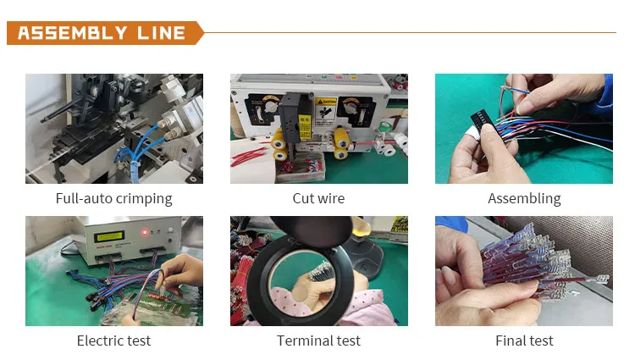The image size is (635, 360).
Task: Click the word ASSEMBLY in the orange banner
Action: coord(73,33)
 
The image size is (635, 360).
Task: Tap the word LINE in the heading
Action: coord(161,33)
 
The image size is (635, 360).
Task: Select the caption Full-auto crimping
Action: coord(113,199)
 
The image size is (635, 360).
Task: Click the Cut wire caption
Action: coord(318,198)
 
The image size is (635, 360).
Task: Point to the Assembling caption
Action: coord(524,199)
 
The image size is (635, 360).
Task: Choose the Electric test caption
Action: coord(113,341)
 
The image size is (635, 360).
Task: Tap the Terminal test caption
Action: coord(318,341)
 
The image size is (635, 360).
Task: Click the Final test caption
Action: coord(524,341)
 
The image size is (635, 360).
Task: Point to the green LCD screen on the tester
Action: coord(109,236)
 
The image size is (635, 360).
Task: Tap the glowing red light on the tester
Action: coord(144,232)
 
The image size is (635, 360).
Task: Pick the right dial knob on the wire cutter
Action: coord(350,107)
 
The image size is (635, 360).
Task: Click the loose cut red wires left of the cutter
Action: coord(248,156)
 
